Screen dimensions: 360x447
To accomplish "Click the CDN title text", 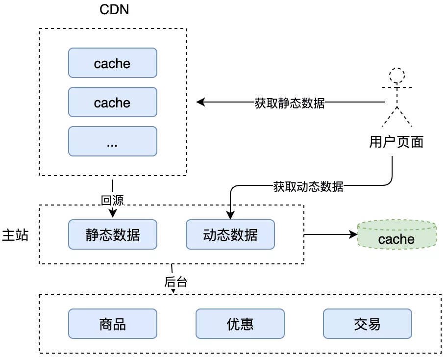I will pyautogui.click(x=114, y=9).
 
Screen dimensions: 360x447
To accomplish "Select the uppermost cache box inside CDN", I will pyautogui.click(x=112, y=63).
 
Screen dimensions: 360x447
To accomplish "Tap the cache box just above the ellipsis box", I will pyautogui.click(x=112, y=102).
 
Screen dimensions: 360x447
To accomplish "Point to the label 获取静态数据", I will pyautogui.click(x=289, y=103).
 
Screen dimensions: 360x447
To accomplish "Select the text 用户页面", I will pyautogui.click(x=396, y=142).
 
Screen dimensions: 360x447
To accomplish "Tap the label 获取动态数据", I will pyautogui.click(x=308, y=186).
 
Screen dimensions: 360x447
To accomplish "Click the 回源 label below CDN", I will pyautogui.click(x=112, y=200).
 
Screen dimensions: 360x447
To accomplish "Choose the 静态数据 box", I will pyautogui.click(x=112, y=234).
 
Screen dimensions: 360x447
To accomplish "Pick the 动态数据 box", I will pyautogui.click(x=230, y=234).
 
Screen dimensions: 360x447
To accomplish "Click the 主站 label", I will pyautogui.click(x=15, y=235).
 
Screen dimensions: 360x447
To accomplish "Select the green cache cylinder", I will pyautogui.click(x=397, y=235).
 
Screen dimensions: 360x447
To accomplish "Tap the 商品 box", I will pyautogui.click(x=112, y=324).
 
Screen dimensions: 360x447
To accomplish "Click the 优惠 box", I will pyautogui.click(x=240, y=324).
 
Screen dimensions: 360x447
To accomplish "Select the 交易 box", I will pyautogui.click(x=367, y=324).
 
